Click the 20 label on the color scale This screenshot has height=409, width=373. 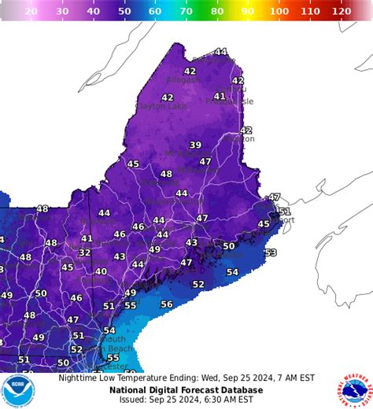[x=31, y=12]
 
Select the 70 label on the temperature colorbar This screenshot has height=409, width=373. [x=186, y=12]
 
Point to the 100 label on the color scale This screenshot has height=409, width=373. [x=279, y=12]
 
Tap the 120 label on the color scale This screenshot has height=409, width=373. [x=341, y=12]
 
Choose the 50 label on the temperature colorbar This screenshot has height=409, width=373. [x=124, y=12]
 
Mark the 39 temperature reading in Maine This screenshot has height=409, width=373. [x=195, y=145]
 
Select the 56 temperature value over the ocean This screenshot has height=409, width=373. [x=167, y=304]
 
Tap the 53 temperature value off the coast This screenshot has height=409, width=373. [x=271, y=252]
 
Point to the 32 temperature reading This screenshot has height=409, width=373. [x=84, y=252]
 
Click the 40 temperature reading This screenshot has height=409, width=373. [x=101, y=271]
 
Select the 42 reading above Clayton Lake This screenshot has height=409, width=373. [x=167, y=98]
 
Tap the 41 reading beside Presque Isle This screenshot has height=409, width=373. [x=220, y=97]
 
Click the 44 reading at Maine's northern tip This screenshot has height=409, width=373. [x=220, y=52]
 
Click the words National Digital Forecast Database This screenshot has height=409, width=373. [x=186, y=389]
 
